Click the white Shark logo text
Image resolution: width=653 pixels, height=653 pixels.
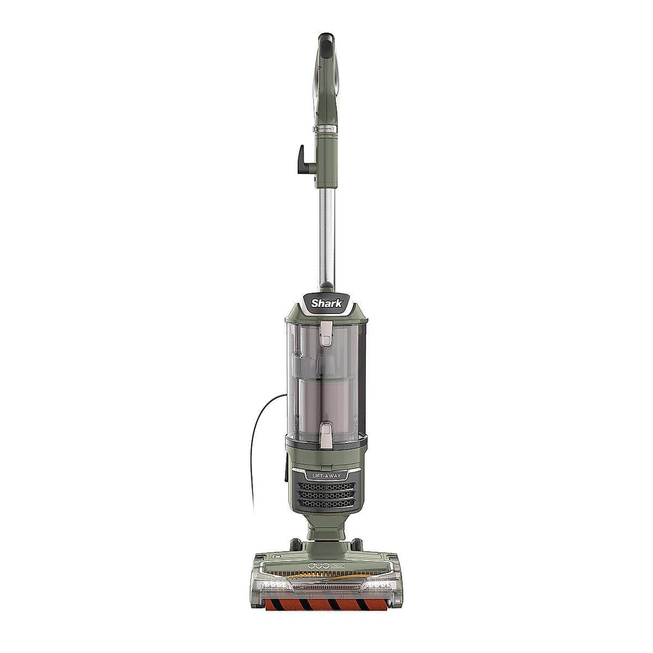(x=326, y=303)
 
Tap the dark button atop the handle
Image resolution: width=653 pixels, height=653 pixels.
(x=325, y=44)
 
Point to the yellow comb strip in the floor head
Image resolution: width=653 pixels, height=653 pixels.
(x=326, y=572)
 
